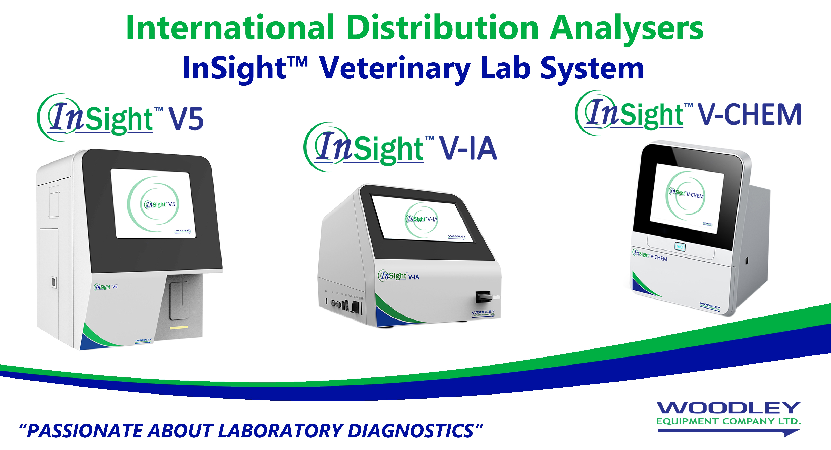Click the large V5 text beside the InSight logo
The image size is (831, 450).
coord(186,119)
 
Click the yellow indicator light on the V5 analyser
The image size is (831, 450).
coord(179,327)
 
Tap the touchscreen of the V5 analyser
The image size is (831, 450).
coord(153,203)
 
